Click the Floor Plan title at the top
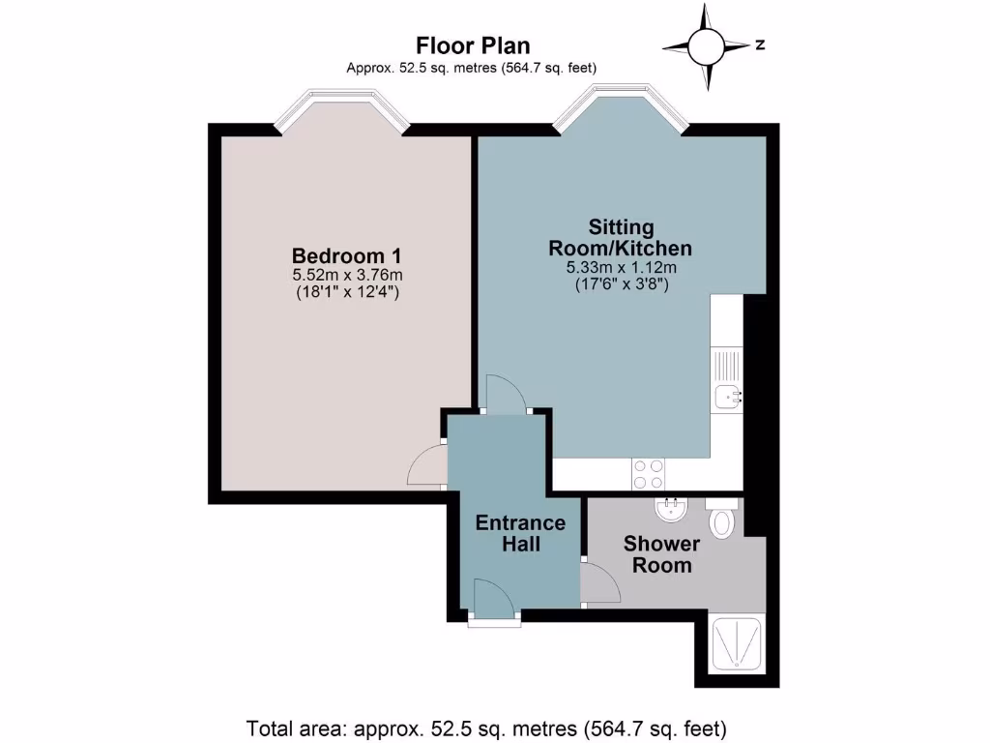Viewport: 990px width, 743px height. [472, 45]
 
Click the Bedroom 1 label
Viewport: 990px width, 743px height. [346, 255]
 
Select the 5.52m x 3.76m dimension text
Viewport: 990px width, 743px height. [346, 275]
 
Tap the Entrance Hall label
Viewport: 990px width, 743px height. [520, 533]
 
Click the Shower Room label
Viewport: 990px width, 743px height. [662, 554]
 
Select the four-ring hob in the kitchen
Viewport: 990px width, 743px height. [648, 473]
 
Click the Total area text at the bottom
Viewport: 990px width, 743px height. [486, 728]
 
